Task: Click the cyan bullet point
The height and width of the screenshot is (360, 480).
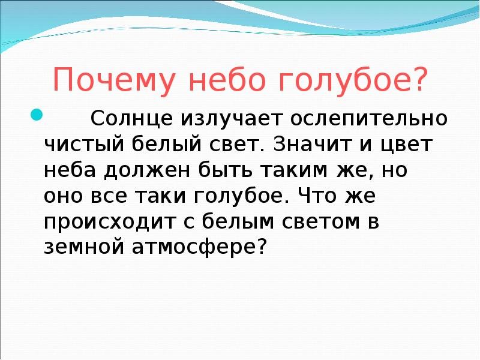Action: point(36,115)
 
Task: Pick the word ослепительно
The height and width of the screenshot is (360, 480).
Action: point(368,118)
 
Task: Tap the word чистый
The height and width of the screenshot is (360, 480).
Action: point(85,144)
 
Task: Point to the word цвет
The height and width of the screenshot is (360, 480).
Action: point(407,144)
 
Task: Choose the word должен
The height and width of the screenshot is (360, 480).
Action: point(147,171)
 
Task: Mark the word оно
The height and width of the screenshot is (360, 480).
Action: point(64,196)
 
